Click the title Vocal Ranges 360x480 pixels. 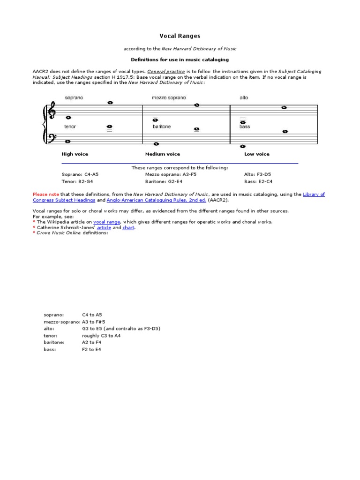point(180,36)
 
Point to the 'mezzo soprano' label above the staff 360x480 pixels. point(168,97)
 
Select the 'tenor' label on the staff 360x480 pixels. point(70,127)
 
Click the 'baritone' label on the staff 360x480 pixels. point(161,127)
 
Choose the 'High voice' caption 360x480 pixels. point(75,154)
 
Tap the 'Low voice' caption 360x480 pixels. point(256,154)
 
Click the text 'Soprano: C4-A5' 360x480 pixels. point(80,174)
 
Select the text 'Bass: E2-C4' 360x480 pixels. point(258,181)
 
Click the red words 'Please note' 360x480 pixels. point(45,194)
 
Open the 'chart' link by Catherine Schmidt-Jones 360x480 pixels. point(128,227)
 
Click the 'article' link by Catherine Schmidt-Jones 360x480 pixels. point(104,227)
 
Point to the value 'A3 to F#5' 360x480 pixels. point(93,322)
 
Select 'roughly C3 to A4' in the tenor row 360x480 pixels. point(101,336)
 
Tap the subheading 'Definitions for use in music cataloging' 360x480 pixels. point(180,60)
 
